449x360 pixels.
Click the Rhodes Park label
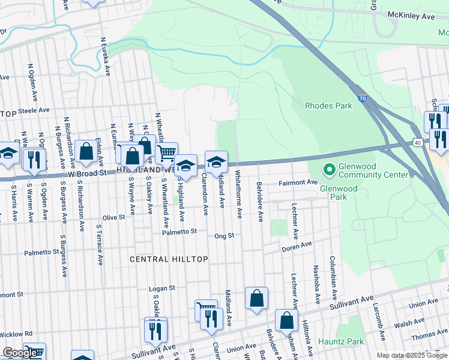pyautogui.click(x=328, y=106)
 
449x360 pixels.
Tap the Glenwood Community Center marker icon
pyautogui.click(x=328, y=170)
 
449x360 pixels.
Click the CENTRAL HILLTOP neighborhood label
pyautogui.click(x=169, y=259)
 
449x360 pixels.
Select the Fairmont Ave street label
pyautogui.click(x=297, y=182)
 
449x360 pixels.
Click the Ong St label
pyautogui.click(x=223, y=236)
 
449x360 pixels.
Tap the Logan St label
pyautogui.click(x=162, y=288)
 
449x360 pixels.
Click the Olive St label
pyautogui.click(x=112, y=217)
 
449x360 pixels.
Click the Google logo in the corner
pyautogui.click(x=20, y=353)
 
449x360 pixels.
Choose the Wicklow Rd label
pyautogui.click(x=17, y=334)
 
